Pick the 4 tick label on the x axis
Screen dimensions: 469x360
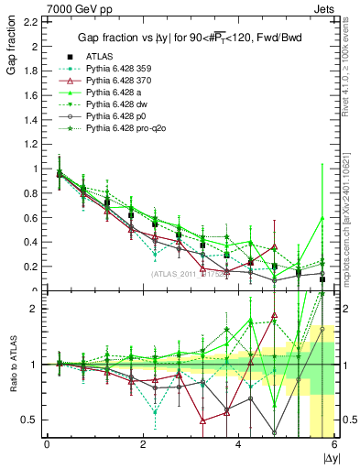click(239, 444)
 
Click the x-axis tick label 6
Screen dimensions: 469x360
click(334, 444)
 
